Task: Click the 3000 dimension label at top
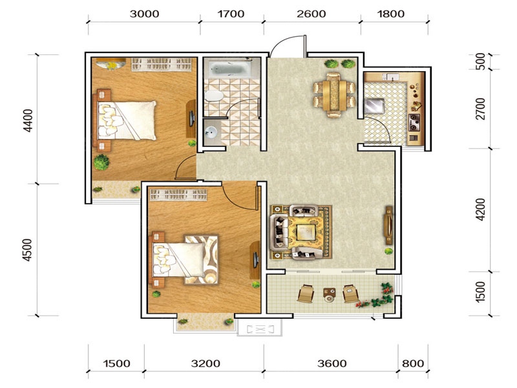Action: (144, 14)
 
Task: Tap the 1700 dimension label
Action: (231, 14)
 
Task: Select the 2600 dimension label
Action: (311, 14)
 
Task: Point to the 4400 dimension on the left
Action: (28, 120)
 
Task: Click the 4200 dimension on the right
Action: (481, 209)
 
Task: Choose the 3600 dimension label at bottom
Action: (332, 363)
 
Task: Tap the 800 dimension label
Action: (413, 363)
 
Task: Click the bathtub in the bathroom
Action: (231, 69)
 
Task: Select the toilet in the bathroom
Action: (214, 96)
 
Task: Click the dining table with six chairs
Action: (334, 95)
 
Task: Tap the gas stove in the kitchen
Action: (414, 122)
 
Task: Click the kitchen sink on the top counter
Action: (392, 77)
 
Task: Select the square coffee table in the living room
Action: (306, 232)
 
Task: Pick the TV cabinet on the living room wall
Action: (389, 225)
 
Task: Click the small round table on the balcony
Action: (329, 295)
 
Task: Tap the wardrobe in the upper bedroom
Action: (162, 64)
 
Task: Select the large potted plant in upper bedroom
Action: (101, 162)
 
